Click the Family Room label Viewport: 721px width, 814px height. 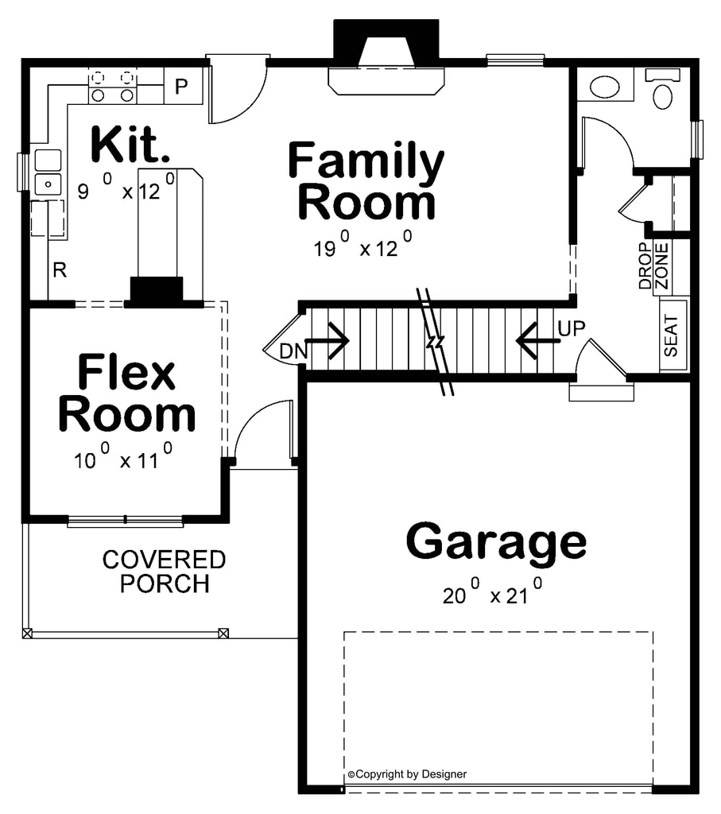tap(366, 180)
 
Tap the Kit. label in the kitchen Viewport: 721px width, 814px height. tap(130, 144)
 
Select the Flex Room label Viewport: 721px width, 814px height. tap(126, 393)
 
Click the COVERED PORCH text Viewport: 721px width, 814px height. tap(164, 572)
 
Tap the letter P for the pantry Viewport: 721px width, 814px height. tap(181, 86)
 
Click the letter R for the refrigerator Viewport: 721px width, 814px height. tap(60, 270)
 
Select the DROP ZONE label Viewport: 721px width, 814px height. tap(653, 266)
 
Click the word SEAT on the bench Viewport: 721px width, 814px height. tap(671, 335)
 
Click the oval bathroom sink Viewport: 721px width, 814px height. tap(605, 87)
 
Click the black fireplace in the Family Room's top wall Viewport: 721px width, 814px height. tap(386, 45)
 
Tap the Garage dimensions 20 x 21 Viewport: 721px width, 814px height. tap(492, 591)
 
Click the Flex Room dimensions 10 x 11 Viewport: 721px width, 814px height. tap(123, 455)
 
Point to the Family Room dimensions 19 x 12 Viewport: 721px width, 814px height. tap(362, 244)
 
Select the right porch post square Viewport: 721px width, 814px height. tap(223, 633)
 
